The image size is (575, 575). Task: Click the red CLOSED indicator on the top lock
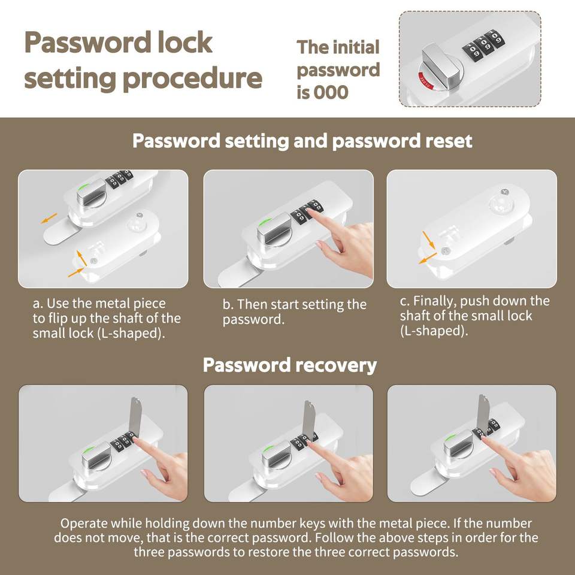click(426, 80)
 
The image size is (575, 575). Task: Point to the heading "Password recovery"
click(290, 365)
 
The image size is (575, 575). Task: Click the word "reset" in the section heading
click(449, 141)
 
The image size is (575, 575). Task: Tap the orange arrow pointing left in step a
click(49, 218)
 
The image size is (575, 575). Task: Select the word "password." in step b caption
click(253, 320)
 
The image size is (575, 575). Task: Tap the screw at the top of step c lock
click(504, 192)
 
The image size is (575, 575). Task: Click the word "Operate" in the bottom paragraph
click(84, 523)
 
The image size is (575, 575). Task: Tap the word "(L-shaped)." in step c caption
click(434, 331)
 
